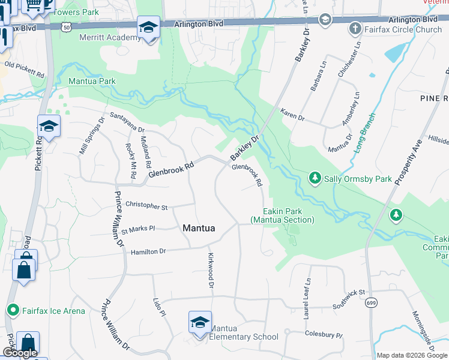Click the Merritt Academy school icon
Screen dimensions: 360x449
[148, 28]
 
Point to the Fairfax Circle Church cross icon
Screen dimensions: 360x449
[355, 29]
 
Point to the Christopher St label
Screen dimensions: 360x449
[146, 206]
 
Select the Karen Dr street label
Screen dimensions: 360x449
[292, 115]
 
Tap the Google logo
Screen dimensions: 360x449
[20, 353]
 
